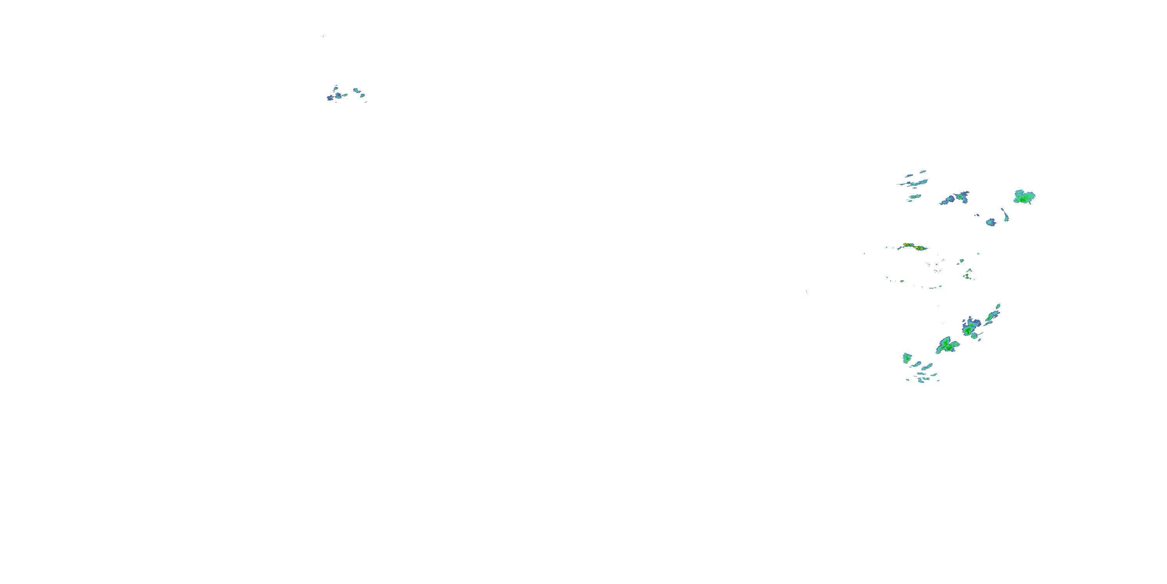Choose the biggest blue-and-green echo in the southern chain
click(971, 327)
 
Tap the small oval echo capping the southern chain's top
click(997, 306)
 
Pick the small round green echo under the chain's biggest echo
click(974, 336)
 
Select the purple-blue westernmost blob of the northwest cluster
click(330, 97)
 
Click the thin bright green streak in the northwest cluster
click(344, 95)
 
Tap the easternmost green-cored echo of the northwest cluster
click(362, 95)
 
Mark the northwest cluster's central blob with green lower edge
click(338, 95)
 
